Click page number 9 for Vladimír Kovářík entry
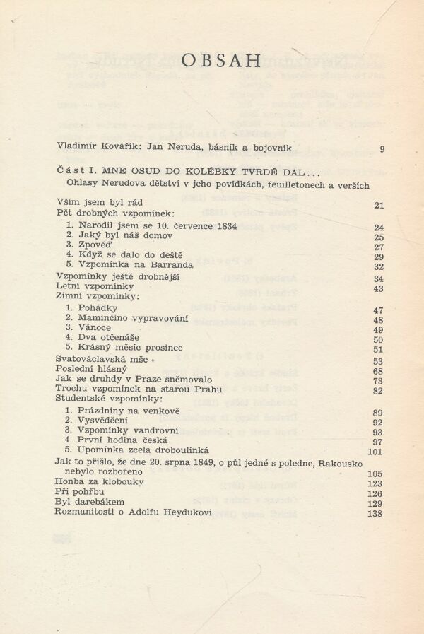point(382,148)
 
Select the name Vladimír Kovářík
point(90,148)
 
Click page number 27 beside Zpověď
point(378,247)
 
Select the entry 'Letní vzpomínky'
point(84,288)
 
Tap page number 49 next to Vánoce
point(378,330)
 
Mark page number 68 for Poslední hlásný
point(378,371)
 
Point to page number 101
point(375,452)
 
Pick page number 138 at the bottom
point(375,514)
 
